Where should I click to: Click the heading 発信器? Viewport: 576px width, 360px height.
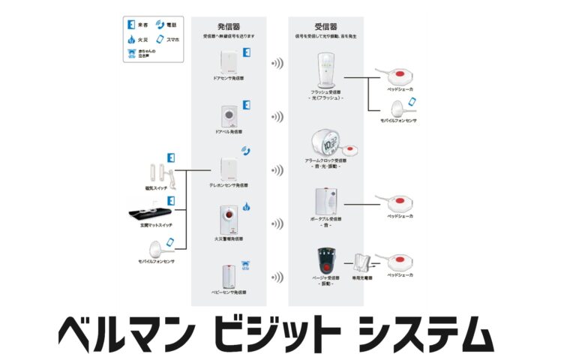pos(229,25)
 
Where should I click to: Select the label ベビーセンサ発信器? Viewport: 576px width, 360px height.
pos(229,292)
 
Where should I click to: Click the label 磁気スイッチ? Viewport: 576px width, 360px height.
pos(156,187)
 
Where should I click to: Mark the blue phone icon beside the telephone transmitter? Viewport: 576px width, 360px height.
pos(245,151)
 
